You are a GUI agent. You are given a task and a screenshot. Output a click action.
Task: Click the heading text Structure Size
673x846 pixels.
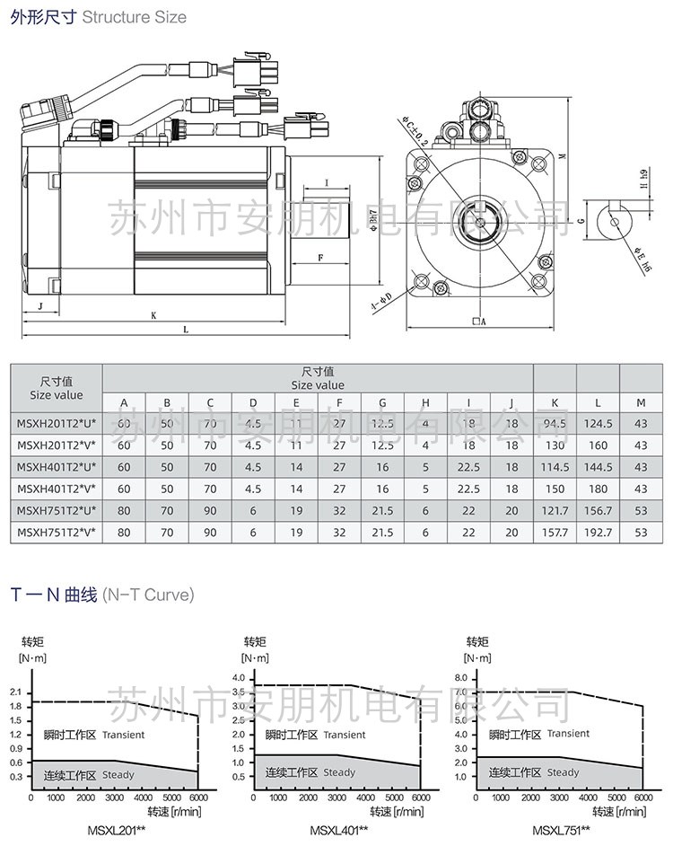point(135,17)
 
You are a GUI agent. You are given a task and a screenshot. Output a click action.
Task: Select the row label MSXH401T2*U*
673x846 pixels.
point(56,467)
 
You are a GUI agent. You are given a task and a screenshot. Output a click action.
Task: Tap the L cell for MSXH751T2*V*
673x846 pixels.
point(597,532)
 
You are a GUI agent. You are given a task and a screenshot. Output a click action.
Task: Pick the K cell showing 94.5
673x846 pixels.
point(555,424)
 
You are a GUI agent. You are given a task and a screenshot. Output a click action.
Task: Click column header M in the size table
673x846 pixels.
point(640,402)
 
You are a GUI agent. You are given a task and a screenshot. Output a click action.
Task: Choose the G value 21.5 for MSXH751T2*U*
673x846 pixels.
point(383,510)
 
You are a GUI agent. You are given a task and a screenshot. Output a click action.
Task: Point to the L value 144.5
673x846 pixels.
point(597,467)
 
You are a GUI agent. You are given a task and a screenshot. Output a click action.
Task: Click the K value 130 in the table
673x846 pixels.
point(555,445)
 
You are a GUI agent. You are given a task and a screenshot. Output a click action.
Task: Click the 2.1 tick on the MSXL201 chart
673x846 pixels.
point(15,691)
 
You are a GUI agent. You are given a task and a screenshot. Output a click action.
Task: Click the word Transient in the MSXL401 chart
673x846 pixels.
point(345,735)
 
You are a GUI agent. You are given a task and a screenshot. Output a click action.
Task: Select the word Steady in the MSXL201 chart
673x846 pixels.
point(118,774)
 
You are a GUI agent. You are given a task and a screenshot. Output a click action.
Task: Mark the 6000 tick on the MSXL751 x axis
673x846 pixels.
point(642,798)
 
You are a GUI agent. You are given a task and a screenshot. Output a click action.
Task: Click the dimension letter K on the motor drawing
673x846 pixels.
point(153,316)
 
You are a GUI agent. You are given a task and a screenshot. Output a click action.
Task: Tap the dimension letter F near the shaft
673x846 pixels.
point(320,258)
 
